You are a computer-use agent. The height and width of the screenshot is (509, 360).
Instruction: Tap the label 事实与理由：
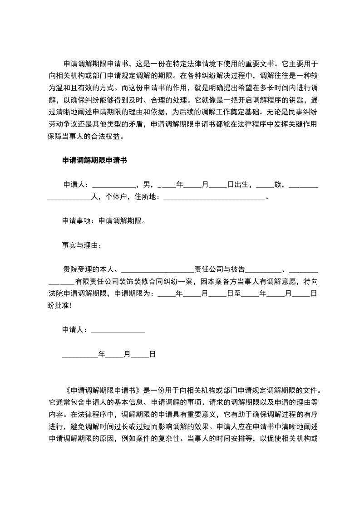pyautogui.click(x=82, y=245)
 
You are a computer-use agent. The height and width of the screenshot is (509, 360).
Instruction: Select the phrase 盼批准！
pyautogui.click(x=60, y=305)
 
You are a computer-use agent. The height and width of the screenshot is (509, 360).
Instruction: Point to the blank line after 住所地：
pyautogui.click(x=213, y=197)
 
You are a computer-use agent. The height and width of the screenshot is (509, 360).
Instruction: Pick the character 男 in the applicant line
pyautogui.click(x=147, y=185)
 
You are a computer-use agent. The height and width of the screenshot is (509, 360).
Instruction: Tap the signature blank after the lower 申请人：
pyautogui.click(x=118, y=330)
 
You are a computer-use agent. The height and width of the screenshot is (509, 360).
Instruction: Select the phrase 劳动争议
pyautogui.click(x=64, y=123)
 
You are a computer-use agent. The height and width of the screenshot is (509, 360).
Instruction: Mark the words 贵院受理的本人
pyautogui.click(x=90, y=269)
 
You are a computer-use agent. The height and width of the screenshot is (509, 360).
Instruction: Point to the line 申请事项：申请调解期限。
pyautogui.click(x=104, y=221)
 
